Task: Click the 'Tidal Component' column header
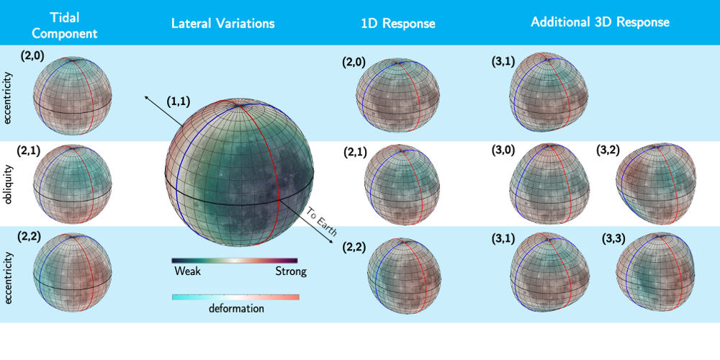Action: [x=72, y=26]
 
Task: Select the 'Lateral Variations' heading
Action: [x=222, y=24]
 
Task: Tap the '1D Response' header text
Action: [x=398, y=24]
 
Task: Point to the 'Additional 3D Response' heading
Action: [x=600, y=22]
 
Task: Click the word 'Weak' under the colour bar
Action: [x=187, y=272]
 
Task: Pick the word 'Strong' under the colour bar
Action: [x=291, y=272]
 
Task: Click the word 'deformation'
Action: [x=236, y=308]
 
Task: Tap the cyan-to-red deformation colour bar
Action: [x=235, y=297]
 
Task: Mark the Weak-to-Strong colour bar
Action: [x=235, y=261]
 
